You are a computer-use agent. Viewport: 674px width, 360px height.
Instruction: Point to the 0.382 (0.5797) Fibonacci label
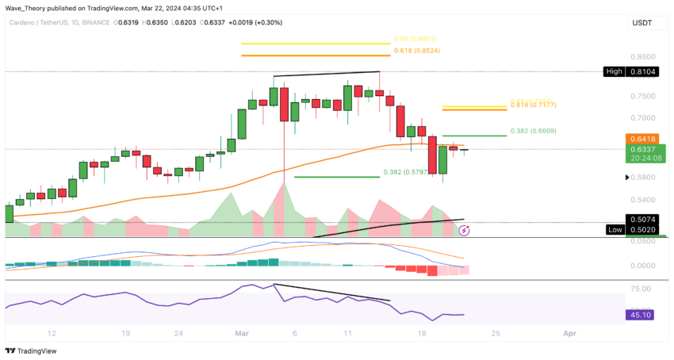coord(409,171)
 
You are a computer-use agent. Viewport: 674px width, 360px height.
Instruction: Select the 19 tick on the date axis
coord(125,334)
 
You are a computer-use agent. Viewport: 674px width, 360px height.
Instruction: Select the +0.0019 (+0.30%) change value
coord(251,24)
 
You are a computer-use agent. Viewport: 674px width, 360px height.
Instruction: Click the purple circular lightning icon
coord(465,232)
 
